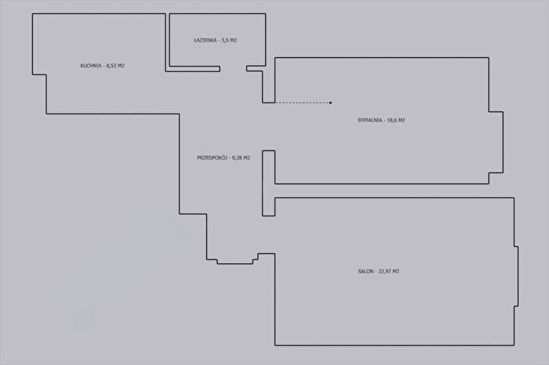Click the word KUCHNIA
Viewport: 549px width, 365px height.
(91, 66)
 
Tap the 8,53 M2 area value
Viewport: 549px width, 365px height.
(115, 66)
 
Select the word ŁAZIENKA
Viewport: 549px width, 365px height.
(205, 40)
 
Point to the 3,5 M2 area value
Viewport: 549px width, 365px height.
(229, 40)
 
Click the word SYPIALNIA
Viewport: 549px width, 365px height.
(369, 121)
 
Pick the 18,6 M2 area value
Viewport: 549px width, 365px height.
(396, 121)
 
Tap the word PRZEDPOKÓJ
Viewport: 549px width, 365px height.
(213, 157)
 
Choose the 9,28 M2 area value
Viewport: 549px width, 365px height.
(242, 157)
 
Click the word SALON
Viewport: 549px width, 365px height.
(366, 271)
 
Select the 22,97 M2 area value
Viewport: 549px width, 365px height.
(389, 271)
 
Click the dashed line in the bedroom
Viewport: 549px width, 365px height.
(303, 103)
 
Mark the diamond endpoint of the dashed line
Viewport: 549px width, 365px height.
(331, 103)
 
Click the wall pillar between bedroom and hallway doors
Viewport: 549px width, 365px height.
(268, 183)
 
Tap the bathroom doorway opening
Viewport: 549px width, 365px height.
(233, 68)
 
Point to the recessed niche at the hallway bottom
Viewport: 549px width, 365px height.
(235, 262)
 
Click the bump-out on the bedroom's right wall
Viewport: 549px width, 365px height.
(496, 143)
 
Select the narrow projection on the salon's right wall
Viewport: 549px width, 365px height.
(516, 276)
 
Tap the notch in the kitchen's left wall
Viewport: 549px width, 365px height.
(39, 94)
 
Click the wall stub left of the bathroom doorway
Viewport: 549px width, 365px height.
(193, 69)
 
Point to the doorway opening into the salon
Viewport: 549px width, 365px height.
(268, 235)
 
